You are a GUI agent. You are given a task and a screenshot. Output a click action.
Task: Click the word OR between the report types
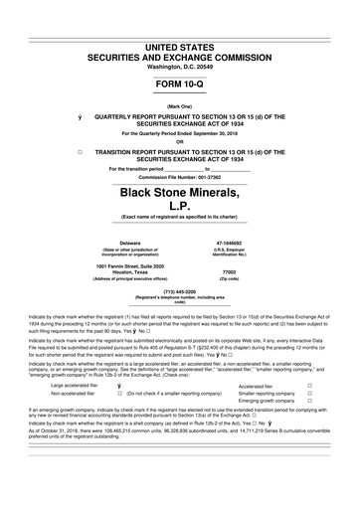pos(179,140)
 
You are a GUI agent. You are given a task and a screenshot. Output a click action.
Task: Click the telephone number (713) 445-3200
pos(179,291)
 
